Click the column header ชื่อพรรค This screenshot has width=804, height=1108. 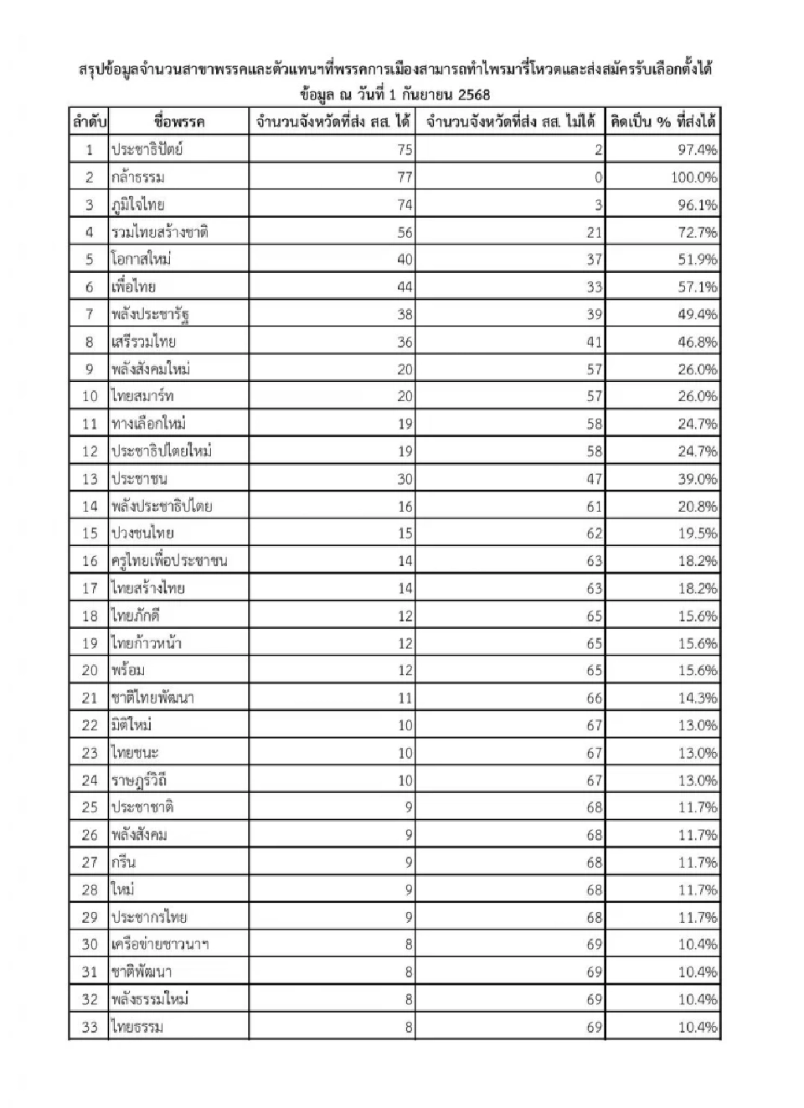click(178, 121)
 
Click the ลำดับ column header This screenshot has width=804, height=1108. click(89, 121)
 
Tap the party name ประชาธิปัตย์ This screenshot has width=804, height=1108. click(147, 149)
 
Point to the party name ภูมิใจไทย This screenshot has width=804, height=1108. click(138, 204)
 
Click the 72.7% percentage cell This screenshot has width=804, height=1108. click(697, 232)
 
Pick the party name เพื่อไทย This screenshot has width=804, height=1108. click(133, 286)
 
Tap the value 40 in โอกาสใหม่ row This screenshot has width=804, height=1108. click(405, 260)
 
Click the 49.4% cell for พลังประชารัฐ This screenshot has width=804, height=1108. click(697, 314)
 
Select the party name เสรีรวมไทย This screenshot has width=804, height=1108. click(143, 342)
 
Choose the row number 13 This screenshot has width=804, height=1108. click(90, 478)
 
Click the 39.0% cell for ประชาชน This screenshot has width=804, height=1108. click(697, 478)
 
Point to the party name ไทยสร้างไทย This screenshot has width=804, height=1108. click(148, 588)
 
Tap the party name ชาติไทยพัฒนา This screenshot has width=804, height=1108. click(152, 698)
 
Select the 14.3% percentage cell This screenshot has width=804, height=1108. click(697, 698)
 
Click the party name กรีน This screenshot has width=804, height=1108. click(123, 862)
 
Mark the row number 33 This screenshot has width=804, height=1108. click(90, 1027)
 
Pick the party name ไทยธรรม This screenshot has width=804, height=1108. click(137, 1027)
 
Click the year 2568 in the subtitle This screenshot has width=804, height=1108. click(474, 95)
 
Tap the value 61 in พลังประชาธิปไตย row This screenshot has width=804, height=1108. click(594, 506)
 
